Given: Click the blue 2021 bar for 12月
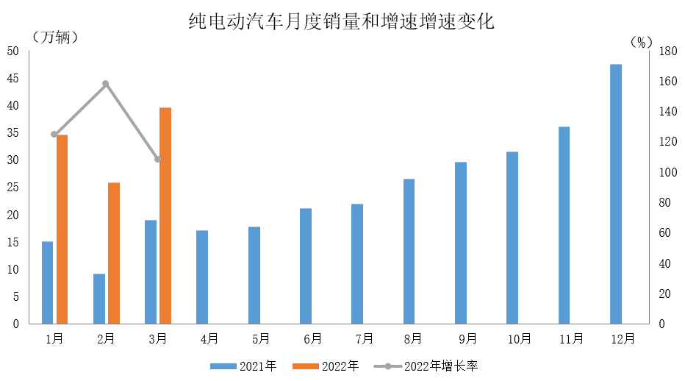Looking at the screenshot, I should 616,194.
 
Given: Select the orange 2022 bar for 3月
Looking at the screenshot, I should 165,216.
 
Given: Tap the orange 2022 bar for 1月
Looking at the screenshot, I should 62,229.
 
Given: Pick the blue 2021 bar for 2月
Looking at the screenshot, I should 99,299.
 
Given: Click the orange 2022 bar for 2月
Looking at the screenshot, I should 114,253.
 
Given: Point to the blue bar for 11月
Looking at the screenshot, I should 564,225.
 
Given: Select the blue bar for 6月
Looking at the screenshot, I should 306,266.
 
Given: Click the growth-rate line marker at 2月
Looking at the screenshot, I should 106,84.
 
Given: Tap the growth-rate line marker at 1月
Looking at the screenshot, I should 54,135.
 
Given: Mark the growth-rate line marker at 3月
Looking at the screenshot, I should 158,160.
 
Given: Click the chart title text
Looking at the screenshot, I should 342,22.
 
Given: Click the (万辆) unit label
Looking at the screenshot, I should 54,37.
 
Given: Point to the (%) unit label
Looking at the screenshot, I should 641,42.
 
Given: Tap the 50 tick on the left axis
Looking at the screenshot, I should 13,51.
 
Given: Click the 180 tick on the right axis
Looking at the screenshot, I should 667,51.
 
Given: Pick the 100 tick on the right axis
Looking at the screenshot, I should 667,173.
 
